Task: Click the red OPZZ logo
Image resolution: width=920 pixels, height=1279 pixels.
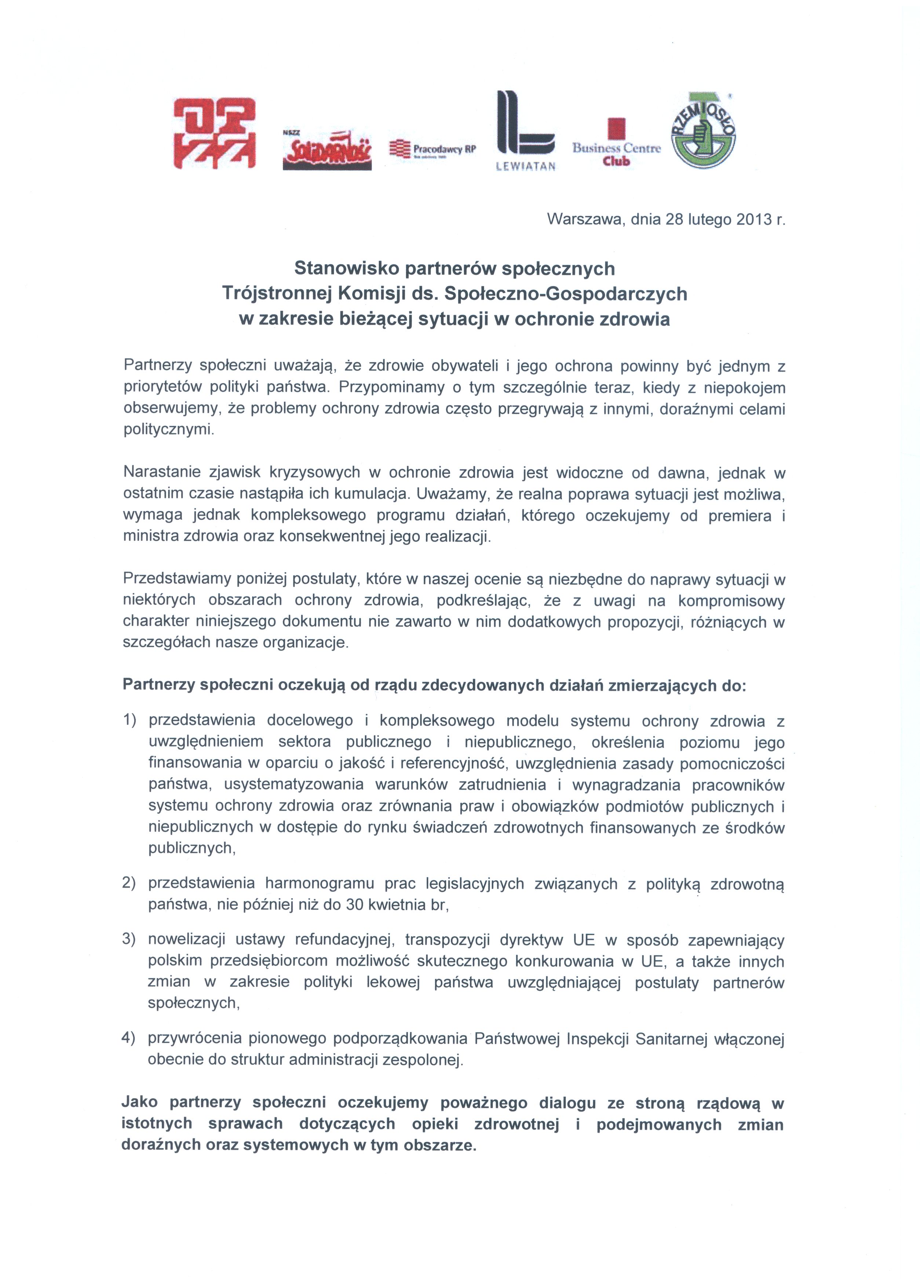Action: click(x=214, y=134)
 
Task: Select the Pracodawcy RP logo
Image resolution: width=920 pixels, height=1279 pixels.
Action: click(x=433, y=149)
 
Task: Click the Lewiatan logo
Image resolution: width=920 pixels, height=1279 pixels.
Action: click(x=525, y=131)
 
